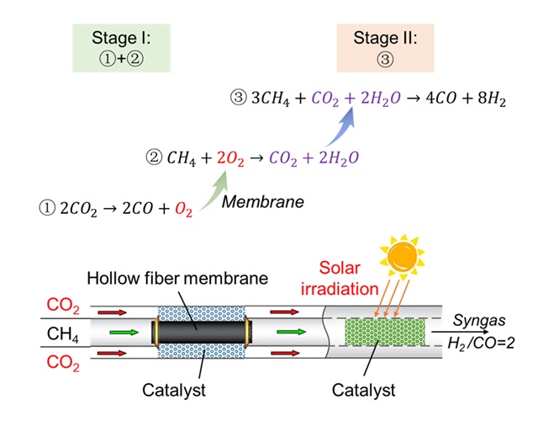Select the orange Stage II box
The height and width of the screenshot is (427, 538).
point(372,46)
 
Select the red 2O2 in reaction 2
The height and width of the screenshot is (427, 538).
point(226,156)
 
